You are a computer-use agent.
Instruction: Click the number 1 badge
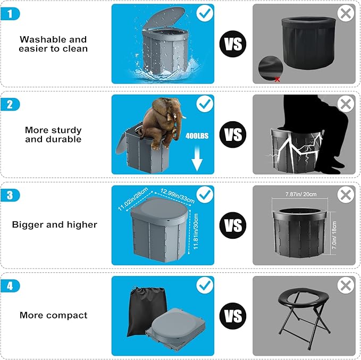click(10, 14)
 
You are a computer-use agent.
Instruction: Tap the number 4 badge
click(10, 286)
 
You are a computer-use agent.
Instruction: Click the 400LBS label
click(197, 136)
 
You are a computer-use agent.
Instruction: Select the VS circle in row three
click(233, 225)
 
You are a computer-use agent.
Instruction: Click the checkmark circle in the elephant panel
click(205, 104)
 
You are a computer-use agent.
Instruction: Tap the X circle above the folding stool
click(346, 285)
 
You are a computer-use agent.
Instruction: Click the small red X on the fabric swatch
click(278, 79)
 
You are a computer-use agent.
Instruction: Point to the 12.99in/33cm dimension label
click(178, 196)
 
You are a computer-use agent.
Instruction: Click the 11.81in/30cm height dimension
click(196, 231)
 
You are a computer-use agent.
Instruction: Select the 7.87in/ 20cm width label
click(301, 194)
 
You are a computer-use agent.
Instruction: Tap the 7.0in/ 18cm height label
click(334, 235)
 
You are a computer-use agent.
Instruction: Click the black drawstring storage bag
click(146, 312)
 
